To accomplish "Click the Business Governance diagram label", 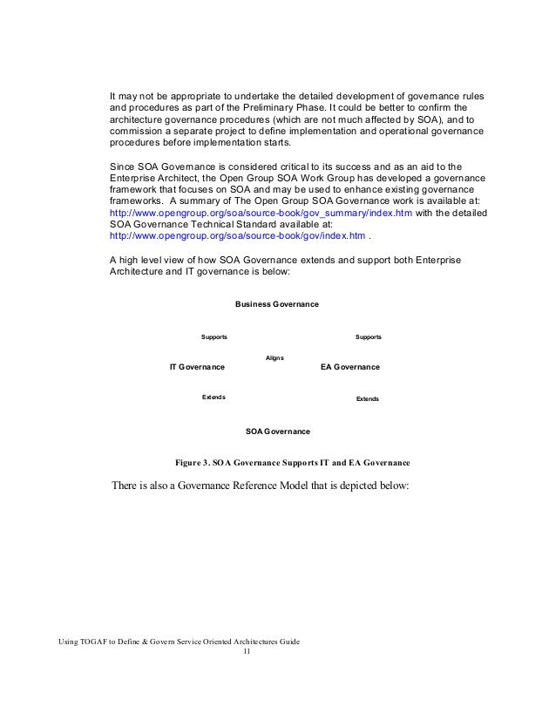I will point(277,303).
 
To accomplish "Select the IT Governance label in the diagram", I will point(196,367).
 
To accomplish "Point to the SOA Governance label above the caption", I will point(278,431).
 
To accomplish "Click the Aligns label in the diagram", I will point(275,357).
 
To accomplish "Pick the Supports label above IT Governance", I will point(214,336).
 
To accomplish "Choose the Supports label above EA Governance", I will point(369,336).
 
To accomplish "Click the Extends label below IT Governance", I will point(214,397).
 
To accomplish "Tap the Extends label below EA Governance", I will point(368,399).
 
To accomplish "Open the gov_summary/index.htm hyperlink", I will point(241,212).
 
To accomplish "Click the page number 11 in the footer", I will point(247,652).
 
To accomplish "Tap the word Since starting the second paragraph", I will point(121,165).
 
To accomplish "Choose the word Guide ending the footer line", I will point(288,642).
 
